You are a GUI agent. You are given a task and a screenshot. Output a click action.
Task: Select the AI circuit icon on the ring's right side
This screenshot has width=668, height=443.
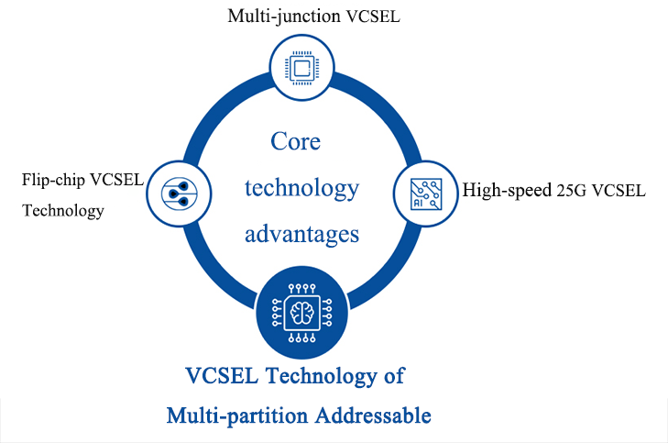point(424,192)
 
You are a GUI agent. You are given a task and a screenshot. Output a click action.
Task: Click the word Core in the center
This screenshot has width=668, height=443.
point(296,142)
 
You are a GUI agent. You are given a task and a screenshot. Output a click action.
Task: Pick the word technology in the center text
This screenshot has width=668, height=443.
point(301,188)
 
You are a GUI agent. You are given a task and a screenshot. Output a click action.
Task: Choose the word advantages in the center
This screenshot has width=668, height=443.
point(301,234)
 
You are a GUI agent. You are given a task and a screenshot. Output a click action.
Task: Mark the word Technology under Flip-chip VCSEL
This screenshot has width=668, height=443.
point(62,211)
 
